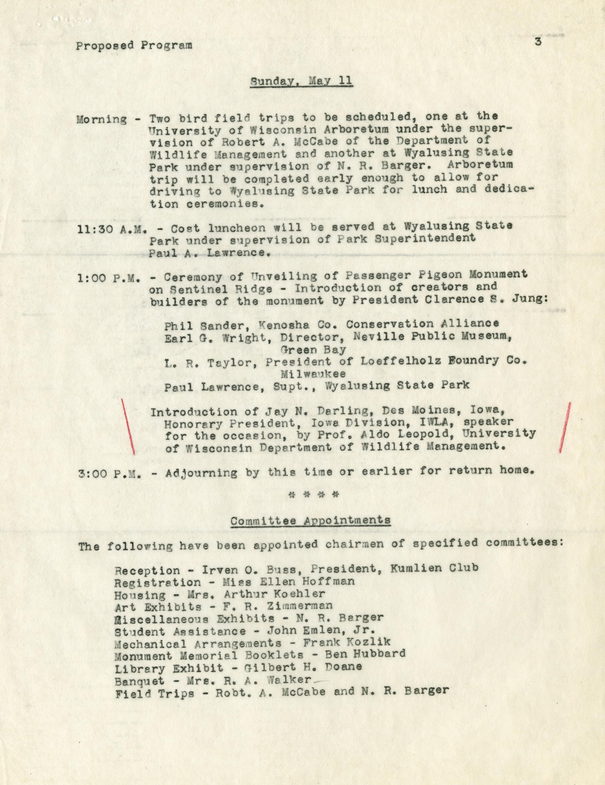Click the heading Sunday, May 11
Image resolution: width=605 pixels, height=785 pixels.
pos(301,81)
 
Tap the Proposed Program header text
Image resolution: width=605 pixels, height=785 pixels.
pos(134,46)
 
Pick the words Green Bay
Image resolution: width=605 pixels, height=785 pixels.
pos(313,349)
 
